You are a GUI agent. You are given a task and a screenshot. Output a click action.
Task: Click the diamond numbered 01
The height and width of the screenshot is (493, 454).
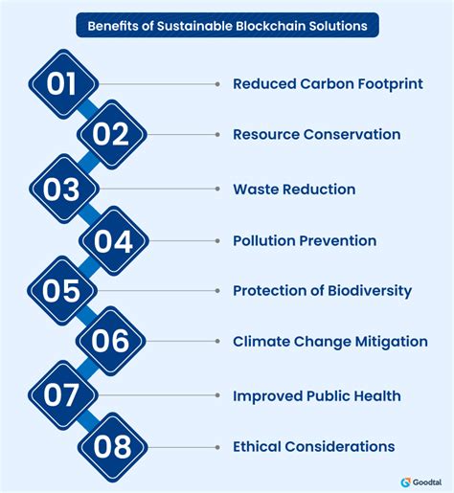click(63, 83)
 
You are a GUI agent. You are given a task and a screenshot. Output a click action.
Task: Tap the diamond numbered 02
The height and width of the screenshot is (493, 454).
click(110, 135)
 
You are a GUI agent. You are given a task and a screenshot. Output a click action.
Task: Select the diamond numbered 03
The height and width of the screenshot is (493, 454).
click(63, 189)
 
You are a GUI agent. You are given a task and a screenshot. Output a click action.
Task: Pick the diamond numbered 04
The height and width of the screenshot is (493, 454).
click(110, 240)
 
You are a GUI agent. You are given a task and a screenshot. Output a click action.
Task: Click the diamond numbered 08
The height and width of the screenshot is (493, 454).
click(110, 446)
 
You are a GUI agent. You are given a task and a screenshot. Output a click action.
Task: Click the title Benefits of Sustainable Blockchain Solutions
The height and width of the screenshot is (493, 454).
click(227, 25)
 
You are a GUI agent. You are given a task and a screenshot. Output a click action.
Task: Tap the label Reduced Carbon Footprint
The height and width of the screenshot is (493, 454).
click(328, 84)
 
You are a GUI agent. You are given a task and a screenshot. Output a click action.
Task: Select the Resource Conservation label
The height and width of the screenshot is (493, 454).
click(316, 135)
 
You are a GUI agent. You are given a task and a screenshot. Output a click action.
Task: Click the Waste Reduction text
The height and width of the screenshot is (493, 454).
click(294, 190)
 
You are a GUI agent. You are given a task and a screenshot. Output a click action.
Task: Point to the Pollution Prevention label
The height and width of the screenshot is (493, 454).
click(305, 240)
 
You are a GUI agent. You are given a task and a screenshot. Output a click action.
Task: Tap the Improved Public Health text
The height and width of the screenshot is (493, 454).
click(316, 395)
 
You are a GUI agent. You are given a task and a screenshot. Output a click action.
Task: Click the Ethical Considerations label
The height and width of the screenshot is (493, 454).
click(313, 446)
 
